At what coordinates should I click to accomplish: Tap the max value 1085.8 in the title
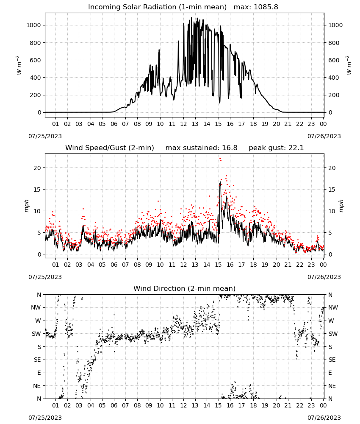(266, 7)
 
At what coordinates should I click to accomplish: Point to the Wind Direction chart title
(185, 288)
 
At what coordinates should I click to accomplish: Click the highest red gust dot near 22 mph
(220, 159)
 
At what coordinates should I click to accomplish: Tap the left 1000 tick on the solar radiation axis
(33, 25)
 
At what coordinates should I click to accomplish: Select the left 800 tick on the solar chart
(36, 43)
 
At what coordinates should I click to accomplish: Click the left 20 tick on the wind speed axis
(37, 168)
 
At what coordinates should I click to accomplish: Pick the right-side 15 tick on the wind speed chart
(332, 190)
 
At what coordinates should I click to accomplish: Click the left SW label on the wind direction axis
(36, 334)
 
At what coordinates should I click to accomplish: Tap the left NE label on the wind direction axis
(37, 386)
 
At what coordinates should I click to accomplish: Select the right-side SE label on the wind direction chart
(332, 360)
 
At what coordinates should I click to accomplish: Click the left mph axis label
(26, 206)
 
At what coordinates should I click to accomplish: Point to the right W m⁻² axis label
(349, 65)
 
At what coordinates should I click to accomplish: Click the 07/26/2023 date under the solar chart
(324, 136)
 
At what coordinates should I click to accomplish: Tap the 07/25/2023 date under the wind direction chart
(45, 418)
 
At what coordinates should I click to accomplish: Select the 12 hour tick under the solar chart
(183, 124)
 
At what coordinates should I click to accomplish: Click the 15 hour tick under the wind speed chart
(218, 265)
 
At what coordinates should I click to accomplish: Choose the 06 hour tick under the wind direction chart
(114, 405)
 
